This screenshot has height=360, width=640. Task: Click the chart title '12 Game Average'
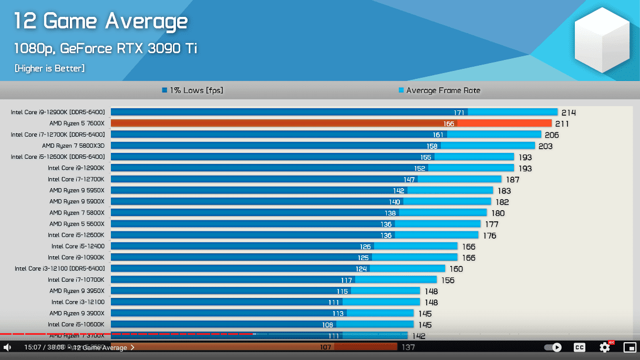[x=100, y=22]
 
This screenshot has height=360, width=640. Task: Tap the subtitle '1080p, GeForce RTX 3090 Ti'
[x=106, y=49]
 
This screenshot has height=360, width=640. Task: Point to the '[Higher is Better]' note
[x=49, y=68]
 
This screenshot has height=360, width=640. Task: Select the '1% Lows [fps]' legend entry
[x=192, y=90]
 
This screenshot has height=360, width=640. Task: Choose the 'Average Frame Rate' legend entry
[x=439, y=90]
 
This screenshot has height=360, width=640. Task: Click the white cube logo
[x=602, y=40]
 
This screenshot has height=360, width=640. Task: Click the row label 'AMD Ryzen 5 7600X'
[x=77, y=124]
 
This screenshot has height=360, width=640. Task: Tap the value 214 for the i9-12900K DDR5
[x=569, y=112]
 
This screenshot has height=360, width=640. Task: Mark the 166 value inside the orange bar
[x=449, y=124]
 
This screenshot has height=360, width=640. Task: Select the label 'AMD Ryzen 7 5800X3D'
[x=73, y=146]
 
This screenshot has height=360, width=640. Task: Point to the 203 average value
[x=545, y=146]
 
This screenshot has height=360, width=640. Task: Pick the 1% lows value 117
[x=346, y=280]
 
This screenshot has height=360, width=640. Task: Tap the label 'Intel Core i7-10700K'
[x=76, y=280]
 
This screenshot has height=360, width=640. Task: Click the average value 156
[x=448, y=280]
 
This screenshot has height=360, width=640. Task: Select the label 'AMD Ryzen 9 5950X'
[x=77, y=190]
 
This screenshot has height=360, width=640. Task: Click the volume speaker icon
[x=7, y=347]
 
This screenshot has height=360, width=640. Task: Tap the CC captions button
[x=579, y=347]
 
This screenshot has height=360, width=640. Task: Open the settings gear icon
[x=605, y=347]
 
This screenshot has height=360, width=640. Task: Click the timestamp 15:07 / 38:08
[x=44, y=347]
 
